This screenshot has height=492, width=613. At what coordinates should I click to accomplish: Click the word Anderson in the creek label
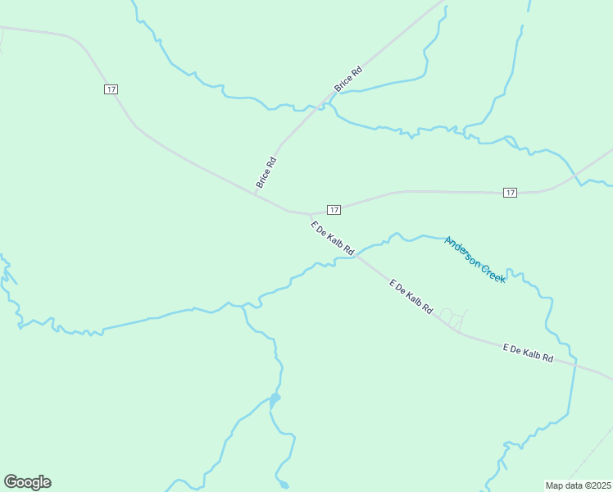pos(462,250)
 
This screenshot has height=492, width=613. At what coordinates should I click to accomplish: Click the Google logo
pos(27,482)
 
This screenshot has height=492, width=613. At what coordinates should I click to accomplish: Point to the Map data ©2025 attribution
pos(579,485)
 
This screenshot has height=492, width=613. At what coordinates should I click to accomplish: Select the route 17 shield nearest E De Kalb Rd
pos(334,210)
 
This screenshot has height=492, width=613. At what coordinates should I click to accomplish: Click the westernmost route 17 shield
pos(111,89)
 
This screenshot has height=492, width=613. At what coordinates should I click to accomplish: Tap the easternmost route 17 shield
pos(510,192)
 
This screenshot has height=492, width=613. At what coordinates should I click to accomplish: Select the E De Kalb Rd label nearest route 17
pos(332,238)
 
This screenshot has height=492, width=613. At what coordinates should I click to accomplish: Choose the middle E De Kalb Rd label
pos(411,297)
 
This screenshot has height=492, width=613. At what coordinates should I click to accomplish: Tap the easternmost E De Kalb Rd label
pos(528,353)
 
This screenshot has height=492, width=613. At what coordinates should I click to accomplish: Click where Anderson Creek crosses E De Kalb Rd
pos(356,255)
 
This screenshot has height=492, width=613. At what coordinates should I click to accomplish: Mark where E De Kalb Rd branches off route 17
pos(310,214)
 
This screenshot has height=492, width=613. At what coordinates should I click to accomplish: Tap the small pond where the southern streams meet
pos(275,399)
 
